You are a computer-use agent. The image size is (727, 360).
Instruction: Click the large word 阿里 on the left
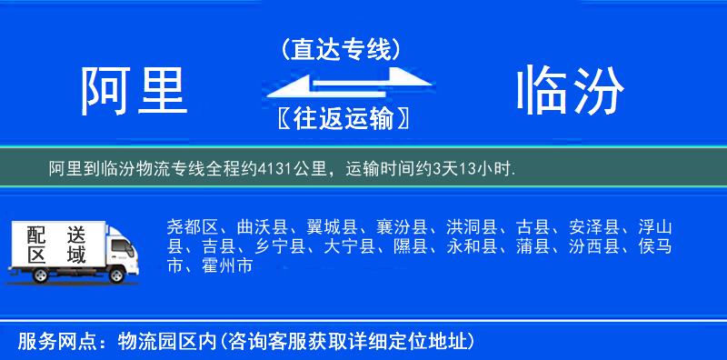(134, 90)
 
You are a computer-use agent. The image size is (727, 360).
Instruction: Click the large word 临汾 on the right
(570, 90)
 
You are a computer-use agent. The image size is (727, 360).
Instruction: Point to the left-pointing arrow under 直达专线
(318, 88)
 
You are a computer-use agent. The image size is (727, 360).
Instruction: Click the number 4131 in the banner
(274, 167)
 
